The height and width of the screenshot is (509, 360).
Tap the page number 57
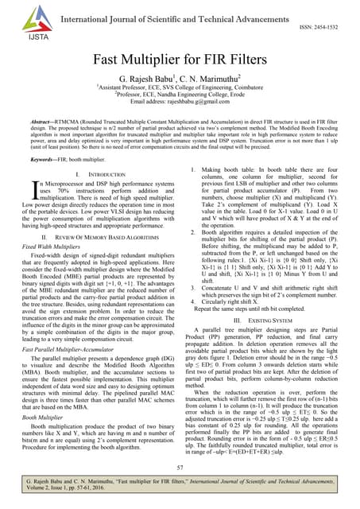pos(180,468)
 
